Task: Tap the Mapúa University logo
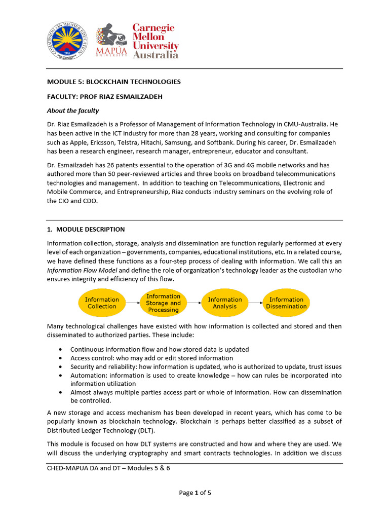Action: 111,40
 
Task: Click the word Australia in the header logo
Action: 155,55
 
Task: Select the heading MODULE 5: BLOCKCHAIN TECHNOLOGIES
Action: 114,82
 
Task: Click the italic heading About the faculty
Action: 73,110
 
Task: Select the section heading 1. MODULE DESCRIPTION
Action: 86,230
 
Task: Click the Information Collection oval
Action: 102,303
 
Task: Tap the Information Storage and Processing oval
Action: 163,303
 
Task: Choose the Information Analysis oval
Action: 225,303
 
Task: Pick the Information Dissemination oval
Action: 286,303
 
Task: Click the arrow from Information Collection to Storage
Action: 132,303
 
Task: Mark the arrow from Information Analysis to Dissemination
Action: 255,303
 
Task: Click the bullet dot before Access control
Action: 61,358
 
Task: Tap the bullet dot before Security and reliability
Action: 61,367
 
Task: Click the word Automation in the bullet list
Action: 88,376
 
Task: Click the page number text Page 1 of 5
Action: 194,492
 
